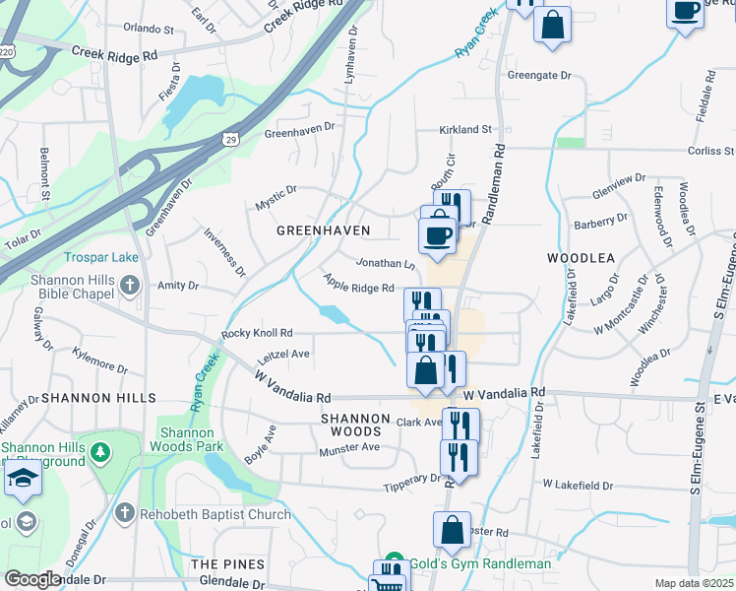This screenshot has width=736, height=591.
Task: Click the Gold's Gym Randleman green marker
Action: (x=395, y=563)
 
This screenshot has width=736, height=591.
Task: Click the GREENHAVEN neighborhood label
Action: (x=323, y=230)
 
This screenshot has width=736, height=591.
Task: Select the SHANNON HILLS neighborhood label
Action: (x=98, y=398)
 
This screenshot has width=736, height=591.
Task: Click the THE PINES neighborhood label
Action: (x=227, y=563)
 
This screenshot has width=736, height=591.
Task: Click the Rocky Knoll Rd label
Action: (x=257, y=333)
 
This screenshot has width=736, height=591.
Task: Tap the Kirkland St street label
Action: (x=465, y=129)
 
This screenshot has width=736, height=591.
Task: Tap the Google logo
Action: (x=32, y=579)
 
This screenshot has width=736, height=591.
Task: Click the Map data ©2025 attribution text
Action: (x=695, y=583)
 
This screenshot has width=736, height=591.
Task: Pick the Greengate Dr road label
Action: (x=539, y=75)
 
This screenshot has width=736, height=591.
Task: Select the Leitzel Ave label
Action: (x=283, y=355)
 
